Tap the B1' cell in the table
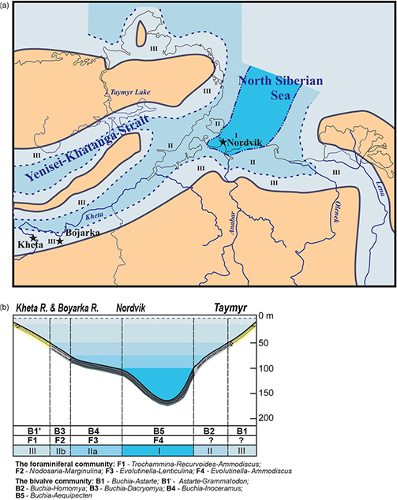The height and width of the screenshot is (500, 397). [32, 431]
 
